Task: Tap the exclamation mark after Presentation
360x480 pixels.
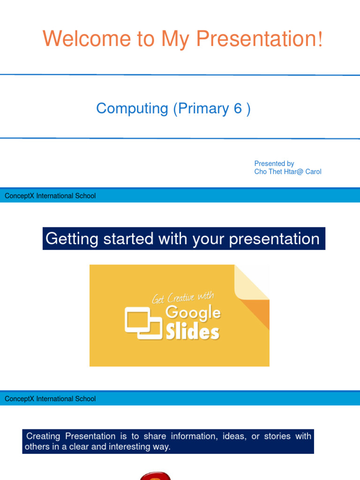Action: [x=320, y=39]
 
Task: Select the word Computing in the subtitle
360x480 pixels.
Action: [x=132, y=108]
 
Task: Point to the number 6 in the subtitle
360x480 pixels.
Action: [x=238, y=108]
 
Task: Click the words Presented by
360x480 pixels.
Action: [x=274, y=164]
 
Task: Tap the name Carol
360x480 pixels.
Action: [x=312, y=172]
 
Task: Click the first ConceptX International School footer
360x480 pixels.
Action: [x=50, y=196]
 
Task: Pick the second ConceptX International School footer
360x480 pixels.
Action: [x=50, y=399]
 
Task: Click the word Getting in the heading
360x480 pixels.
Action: [x=72, y=239]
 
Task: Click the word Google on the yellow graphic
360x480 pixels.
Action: [x=193, y=312]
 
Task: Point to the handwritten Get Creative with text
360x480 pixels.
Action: [x=182, y=297]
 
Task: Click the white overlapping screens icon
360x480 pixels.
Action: [x=143, y=322]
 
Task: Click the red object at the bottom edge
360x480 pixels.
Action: [x=155, y=476]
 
